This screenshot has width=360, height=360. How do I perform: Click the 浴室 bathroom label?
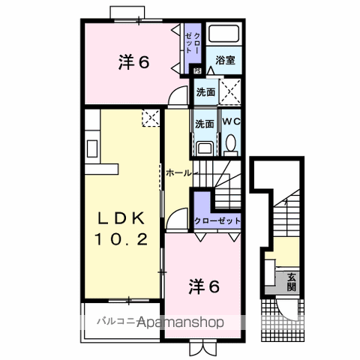tap(224, 58)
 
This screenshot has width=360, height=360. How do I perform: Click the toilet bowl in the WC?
tap(230, 142)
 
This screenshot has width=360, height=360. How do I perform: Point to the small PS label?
tap(197, 71)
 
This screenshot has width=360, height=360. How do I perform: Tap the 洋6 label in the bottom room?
tap(202, 286)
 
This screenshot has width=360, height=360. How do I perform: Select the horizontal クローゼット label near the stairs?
tap(217, 220)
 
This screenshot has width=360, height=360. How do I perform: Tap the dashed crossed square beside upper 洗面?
tap(231, 94)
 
